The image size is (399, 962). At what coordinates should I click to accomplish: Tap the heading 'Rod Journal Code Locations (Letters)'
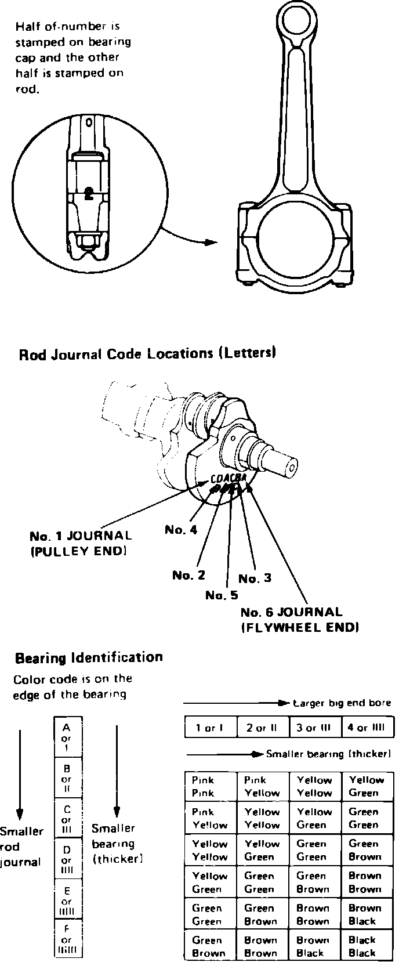[147, 353]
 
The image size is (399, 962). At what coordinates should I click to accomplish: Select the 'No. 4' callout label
[181, 529]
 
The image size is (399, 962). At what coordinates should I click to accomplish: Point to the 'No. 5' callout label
[222, 595]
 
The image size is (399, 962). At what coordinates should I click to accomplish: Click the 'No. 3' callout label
[255, 578]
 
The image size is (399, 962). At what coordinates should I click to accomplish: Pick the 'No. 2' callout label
[188, 575]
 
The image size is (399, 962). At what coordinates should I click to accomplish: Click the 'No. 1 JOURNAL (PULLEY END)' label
[81, 543]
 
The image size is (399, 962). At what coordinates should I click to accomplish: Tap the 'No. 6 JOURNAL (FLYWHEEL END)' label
[299, 619]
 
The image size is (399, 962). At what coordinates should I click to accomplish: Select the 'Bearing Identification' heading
[89, 657]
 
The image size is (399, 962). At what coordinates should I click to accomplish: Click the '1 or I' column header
[211, 728]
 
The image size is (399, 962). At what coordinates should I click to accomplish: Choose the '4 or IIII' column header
[367, 728]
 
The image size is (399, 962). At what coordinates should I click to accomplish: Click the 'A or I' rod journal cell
[67, 737]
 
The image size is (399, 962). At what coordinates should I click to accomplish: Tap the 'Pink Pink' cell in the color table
[211, 786]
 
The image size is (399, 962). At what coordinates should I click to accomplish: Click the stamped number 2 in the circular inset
[88, 194]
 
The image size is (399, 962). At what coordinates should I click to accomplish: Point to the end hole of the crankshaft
[292, 466]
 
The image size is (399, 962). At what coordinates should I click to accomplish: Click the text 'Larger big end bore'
[342, 703]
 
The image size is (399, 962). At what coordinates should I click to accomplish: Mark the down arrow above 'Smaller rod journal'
[20, 772]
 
